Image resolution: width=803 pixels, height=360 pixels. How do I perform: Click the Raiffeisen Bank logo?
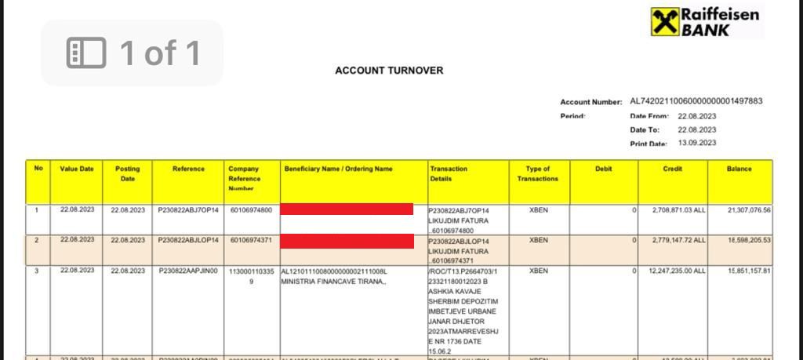(705, 22)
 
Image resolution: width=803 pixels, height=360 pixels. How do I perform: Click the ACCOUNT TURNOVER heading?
(389, 71)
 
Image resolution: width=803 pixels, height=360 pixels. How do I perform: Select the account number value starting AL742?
(696, 101)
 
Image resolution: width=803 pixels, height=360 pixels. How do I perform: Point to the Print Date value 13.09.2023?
(697, 144)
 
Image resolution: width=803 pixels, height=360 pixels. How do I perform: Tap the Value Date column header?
(77, 169)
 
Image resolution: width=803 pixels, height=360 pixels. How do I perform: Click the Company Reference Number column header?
(244, 178)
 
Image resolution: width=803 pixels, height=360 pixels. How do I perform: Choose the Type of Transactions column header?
(538, 173)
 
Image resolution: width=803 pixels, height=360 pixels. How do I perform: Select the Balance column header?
(739, 169)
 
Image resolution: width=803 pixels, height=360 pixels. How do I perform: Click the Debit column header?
(603, 169)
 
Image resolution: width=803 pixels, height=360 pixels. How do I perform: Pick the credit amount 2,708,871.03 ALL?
(678, 210)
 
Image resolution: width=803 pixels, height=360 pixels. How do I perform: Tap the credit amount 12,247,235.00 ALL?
(677, 271)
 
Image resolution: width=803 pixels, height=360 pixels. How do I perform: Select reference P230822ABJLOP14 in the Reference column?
(188, 240)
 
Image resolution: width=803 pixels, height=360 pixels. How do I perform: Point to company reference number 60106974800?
(251, 210)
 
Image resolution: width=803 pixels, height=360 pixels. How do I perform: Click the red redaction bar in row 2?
(347, 240)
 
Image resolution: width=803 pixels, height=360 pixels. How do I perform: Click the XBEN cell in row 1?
(538, 210)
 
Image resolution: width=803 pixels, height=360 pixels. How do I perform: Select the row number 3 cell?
(36, 271)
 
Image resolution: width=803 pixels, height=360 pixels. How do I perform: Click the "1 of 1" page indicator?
(133, 53)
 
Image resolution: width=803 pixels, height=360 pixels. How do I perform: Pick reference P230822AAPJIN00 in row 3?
(188, 271)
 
